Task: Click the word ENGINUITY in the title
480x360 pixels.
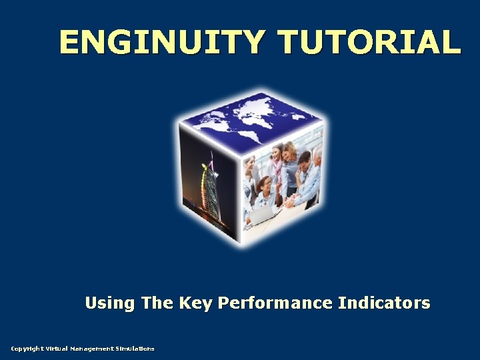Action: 163,41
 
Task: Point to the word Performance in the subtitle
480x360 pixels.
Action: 275,303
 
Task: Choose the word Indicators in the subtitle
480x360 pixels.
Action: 384,303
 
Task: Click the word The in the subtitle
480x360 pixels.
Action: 157,303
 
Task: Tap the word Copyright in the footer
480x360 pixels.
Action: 27,349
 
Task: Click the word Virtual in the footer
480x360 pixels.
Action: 57,349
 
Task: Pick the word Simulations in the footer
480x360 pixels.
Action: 135,349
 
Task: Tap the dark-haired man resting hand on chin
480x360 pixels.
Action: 304,170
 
